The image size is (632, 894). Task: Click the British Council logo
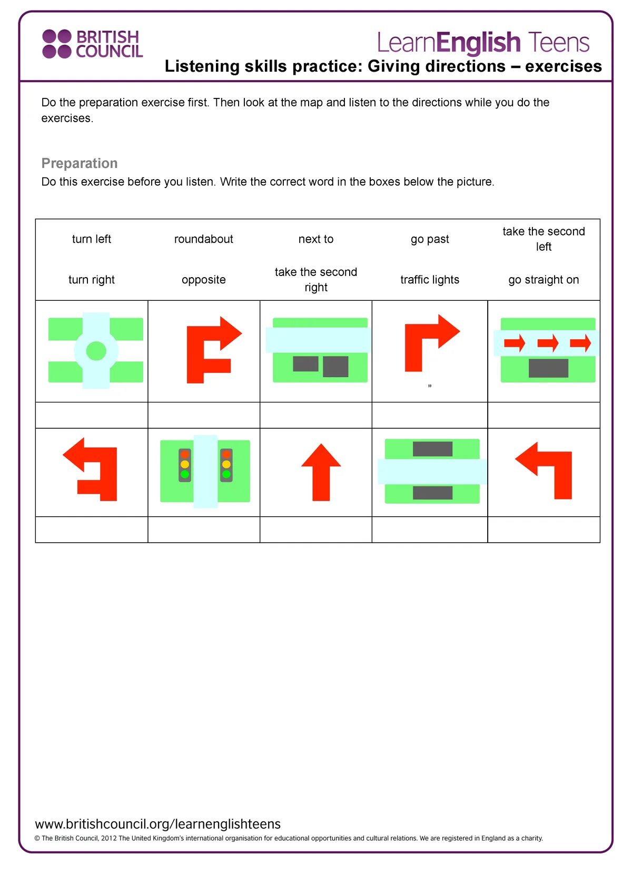(92, 44)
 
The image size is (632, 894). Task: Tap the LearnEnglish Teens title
(483, 43)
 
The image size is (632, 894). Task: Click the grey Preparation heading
(80, 163)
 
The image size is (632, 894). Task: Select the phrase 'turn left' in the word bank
(92, 239)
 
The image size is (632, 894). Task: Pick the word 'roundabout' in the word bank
(204, 239)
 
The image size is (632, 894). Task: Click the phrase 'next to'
(316, 239)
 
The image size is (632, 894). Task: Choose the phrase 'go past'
(430, 239)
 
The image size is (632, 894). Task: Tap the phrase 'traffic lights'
(430, 280)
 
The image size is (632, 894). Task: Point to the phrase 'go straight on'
(544, 280)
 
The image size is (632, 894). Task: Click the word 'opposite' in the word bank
(204, 280)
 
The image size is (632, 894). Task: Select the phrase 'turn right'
(92, 280)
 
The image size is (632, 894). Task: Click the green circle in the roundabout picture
(96, 351)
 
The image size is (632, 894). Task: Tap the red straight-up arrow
(321, 472)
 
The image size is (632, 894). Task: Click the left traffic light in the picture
(185, 464)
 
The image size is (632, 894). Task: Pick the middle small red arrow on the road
(548, 343)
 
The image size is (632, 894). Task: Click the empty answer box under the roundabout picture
(92, 415)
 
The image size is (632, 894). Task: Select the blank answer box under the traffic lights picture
(204, 529)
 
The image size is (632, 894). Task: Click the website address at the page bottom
(158, 824)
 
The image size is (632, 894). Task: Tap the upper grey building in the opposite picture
(432, 449)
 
